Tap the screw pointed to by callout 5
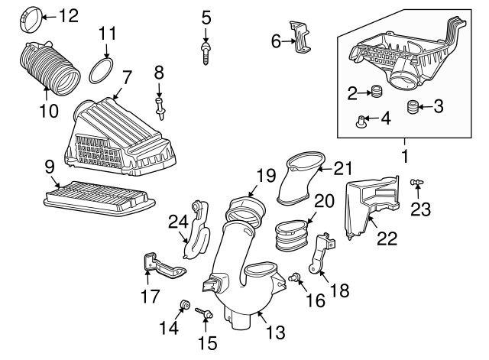[206, 54]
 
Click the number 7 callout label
[127, 77]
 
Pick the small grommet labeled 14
[185, 304]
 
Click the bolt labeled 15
[204, 313]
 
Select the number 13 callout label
[276, 332]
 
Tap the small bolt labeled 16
[294, 277]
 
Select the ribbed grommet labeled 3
[413, 107]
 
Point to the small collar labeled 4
[361, 121]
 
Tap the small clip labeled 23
[416, 182]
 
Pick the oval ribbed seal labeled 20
[291, 235]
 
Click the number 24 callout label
[178, 222]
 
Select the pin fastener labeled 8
[160, 109]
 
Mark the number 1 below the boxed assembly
[404, 156]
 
